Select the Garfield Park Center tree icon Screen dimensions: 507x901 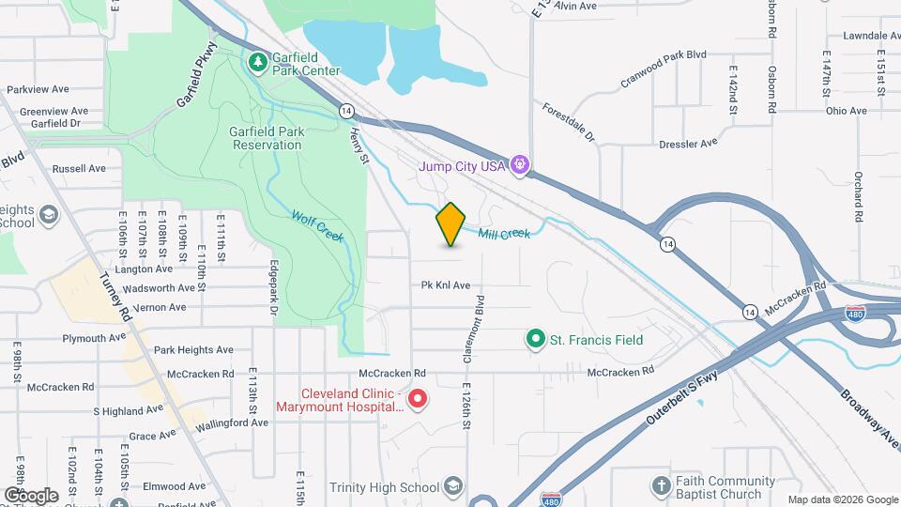[258, 63]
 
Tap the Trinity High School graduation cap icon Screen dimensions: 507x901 [453, 486]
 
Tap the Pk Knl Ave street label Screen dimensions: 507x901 [445, 285]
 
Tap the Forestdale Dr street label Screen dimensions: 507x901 [569, 123]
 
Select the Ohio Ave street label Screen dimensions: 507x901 [847, 111]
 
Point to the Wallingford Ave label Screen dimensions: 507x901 [232, 423]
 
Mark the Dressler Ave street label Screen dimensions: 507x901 [688, 144]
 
